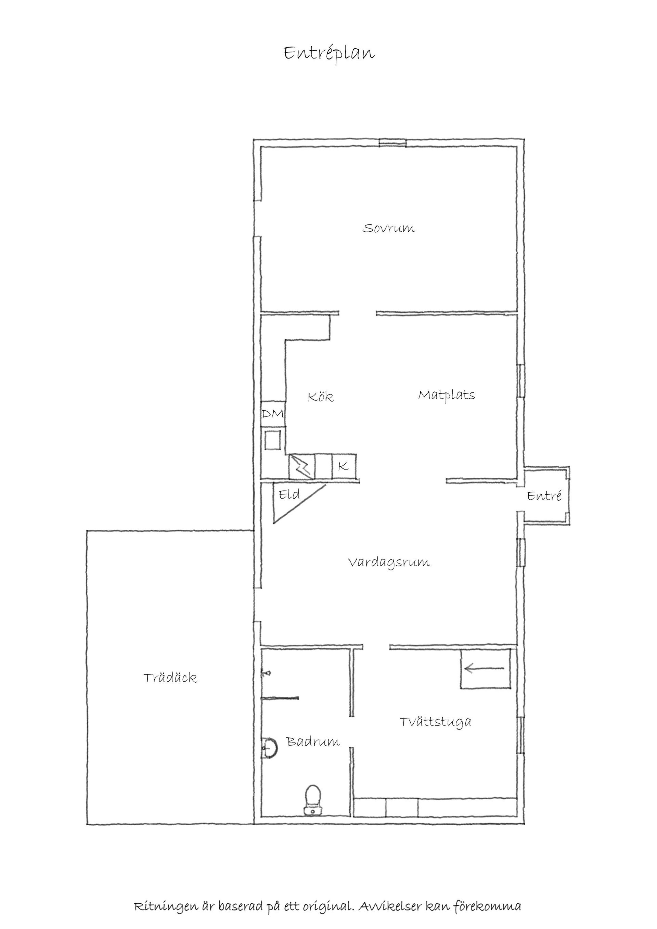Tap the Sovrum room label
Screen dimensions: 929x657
[x=389, y=228]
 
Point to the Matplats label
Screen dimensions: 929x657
[x=446, y=395]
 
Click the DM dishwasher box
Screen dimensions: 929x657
[x=273, y=414]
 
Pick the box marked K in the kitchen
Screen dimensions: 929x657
[x=344, y=466]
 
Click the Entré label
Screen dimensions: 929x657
[x=544, y=496]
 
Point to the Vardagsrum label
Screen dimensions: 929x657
[x=389, y=563]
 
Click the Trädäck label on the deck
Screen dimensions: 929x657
[x=170, y=678]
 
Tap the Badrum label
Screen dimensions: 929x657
[x=313, y=742]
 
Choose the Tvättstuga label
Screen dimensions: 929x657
[x=435, y=722]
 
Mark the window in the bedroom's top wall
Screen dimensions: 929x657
[x=392, y=142]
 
